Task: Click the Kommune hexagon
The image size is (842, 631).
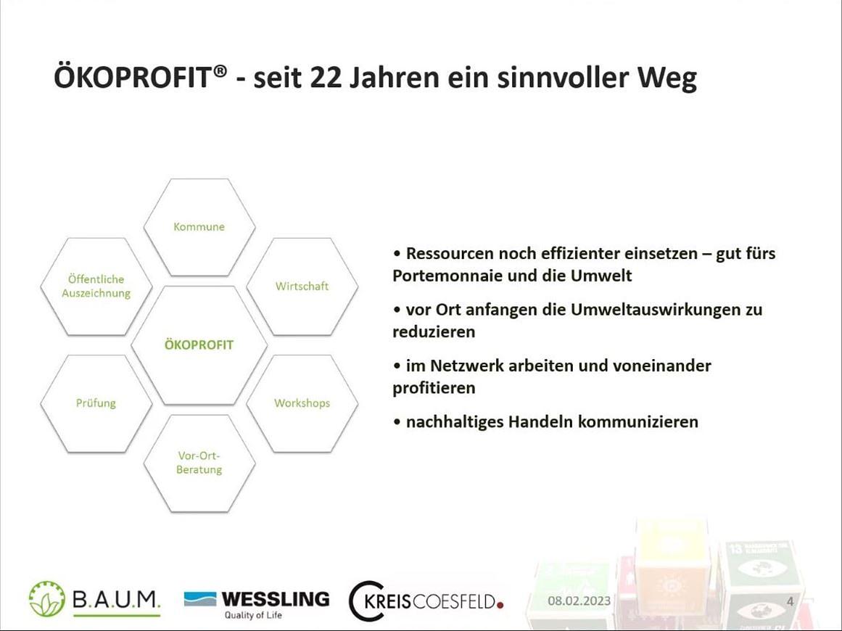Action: click(x=199, y=227)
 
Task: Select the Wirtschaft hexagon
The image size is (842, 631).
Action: click(x=302, y=286)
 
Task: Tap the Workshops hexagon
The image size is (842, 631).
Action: click(x=302, y=403)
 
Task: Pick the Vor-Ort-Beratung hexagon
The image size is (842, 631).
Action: click(x=199, y=463)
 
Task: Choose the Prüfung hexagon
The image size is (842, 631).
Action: click(x=96, y=403)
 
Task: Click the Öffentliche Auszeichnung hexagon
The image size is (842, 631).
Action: click(x=96, y=286)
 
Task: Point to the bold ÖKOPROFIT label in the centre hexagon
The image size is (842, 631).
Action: click(x=199, y=345)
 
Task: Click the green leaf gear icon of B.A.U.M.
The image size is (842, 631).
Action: click(x=47, y=599)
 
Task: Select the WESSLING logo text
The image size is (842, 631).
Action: click(x=275, y=598)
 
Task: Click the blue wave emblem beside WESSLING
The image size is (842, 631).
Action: click(x=200, y=598)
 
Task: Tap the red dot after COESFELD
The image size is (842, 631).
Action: click(x=500, y=603)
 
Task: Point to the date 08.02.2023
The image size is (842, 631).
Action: click(x=579, y=601)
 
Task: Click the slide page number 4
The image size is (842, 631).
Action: click(x=790, y=601)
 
